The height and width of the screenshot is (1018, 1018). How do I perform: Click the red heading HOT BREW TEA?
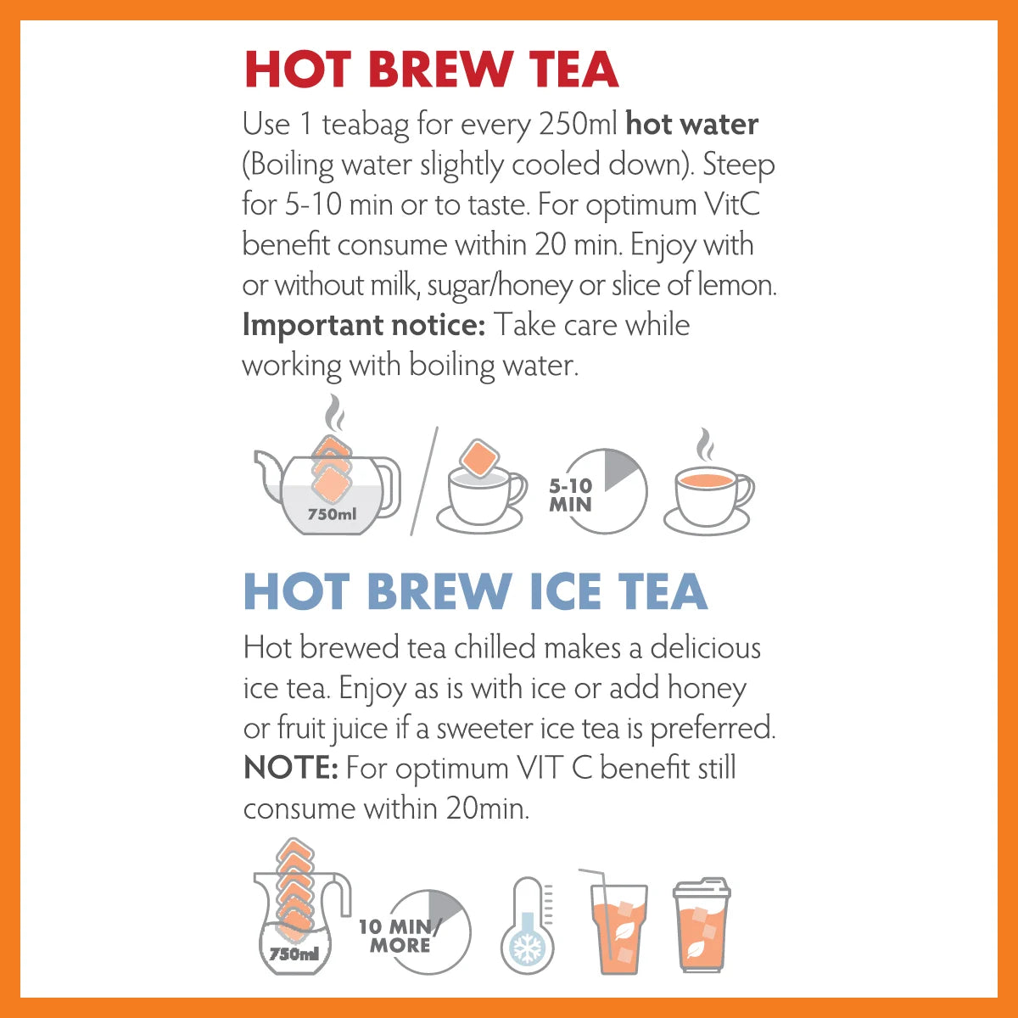point(431,70)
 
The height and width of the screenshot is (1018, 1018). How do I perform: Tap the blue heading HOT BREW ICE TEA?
point(475,592)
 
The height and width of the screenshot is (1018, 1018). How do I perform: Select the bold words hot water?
point(691,125)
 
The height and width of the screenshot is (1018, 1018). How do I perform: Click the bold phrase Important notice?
point(363,325)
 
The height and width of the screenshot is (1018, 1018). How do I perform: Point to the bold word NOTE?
point(291,769)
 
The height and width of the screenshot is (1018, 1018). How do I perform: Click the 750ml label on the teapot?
point(332,514)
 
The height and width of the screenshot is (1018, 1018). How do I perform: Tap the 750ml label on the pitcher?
point(294,954)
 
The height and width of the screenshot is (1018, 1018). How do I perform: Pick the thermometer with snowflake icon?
point(527,926)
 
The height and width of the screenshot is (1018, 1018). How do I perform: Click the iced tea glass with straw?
point(617,925)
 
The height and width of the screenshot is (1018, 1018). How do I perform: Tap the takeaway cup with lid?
point(701,926)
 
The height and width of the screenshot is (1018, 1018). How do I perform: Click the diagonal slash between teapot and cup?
point(423,481)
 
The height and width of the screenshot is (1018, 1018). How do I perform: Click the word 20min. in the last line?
point(487,808)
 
